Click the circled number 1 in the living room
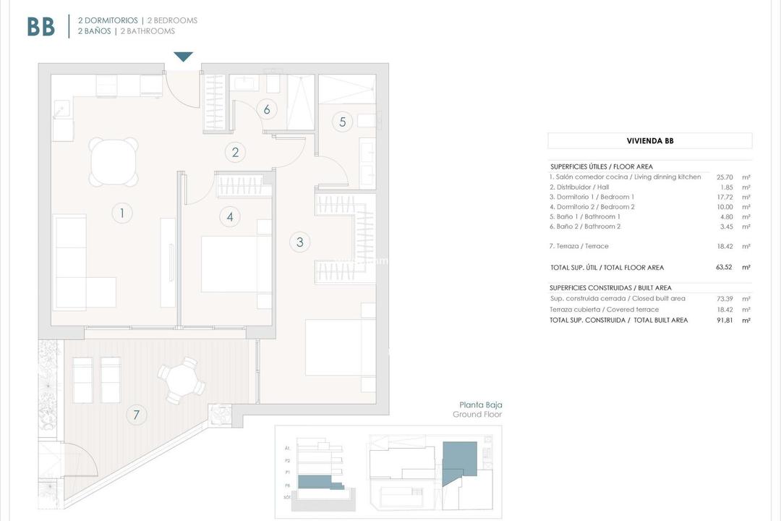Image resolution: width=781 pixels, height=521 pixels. pos(122,213)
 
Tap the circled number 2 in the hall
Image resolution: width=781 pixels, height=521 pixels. pos(235,153)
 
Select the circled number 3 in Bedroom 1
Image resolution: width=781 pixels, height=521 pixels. pos(300,242)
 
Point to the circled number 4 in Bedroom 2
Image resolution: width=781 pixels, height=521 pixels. pos(230,216)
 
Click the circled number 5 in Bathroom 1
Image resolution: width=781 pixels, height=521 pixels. pos(343,122)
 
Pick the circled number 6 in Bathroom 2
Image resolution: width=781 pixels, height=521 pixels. pos(267,109)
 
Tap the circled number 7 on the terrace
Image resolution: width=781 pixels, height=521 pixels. pos(135,415)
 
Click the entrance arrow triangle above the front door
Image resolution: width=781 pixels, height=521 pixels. pos(184,57)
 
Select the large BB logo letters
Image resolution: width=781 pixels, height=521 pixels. pos(41,27)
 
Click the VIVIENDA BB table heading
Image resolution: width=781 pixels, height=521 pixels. pos(649,141)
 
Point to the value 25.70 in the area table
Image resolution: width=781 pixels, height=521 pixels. pos(724,177)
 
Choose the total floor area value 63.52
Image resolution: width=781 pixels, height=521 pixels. pos(724,267)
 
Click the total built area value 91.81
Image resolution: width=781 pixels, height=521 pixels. pos(724,320)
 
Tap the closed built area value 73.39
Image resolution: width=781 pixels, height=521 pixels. pos(724,298)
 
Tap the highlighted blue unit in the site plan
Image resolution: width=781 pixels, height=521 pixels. pos(459,459)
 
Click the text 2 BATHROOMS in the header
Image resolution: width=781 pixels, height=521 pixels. pos(148,31)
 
